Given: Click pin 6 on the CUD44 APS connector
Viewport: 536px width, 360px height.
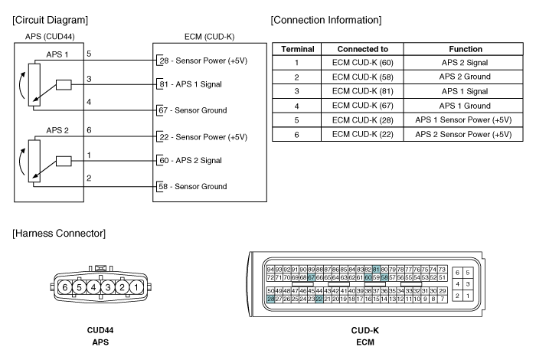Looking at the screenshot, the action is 65,287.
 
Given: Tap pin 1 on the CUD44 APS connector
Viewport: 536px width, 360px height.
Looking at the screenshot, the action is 136,287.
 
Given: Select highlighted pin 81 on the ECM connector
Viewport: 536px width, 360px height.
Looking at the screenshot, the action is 376,270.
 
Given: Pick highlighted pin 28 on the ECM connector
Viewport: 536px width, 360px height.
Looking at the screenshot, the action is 270,299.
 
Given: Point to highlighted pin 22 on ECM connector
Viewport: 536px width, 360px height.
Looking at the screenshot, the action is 319,299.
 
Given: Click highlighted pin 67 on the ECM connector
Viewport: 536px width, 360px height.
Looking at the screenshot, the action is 311,277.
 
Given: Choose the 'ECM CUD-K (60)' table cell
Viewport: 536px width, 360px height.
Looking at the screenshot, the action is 362,63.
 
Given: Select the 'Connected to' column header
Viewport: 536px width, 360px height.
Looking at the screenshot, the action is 362,49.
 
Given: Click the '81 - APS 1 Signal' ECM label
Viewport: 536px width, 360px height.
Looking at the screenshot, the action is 191,84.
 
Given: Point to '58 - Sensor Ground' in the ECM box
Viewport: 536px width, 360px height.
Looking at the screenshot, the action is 192,186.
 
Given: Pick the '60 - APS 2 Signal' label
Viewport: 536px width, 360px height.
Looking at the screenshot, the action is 191,160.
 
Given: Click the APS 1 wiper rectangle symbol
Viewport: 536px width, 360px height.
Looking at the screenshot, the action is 64,85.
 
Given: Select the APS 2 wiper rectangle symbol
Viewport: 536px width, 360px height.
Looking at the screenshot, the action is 64,161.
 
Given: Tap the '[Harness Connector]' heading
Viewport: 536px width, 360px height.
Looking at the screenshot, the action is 59,233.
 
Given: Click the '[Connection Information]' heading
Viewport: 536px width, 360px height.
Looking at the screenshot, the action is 326,20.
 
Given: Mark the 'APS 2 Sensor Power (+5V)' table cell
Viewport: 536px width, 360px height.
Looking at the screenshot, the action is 463,134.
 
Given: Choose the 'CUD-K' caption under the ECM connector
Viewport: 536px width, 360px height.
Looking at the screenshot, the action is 364,330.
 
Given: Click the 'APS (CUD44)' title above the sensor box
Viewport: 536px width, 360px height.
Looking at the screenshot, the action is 50,36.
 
